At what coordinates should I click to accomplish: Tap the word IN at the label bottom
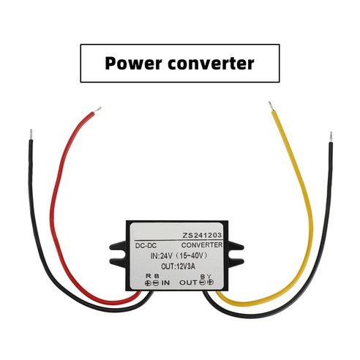tap(165, 282)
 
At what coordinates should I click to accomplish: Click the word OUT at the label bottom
tap(188, 282)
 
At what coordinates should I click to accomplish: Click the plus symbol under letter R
tap(148, 282)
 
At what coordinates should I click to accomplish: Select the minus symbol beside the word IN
tap(156, 282)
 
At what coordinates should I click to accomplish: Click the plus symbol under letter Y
tap(210, 282)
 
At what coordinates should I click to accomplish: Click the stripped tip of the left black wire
tap(30, 135)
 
